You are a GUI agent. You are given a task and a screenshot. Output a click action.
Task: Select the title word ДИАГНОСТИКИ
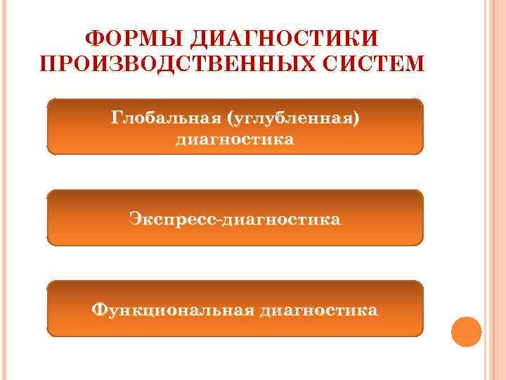coord(283,37)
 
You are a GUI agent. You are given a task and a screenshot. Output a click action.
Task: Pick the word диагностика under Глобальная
coord(235,139)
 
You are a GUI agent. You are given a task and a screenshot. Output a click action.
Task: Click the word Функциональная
coord(171,310)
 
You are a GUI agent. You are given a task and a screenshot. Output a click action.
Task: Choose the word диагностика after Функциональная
coord(318,310)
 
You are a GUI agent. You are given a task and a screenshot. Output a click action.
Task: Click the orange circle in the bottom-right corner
coord(466,331)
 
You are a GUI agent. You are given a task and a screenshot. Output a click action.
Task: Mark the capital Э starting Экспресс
coord(135,220)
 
